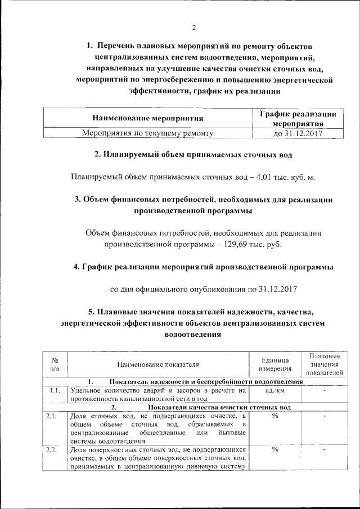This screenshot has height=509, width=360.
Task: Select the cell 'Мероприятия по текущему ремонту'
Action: [x=147, y=133]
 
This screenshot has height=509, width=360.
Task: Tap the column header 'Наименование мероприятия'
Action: [x=147, y=118]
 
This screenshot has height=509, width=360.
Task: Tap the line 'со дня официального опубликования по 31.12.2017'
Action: [x=203, y=289]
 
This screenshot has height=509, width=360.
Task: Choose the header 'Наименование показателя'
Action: [x=158, y=365]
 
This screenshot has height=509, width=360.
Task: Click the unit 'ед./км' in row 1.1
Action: [x=274, y=390]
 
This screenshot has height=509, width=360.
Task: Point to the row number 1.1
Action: [x=55, y=390]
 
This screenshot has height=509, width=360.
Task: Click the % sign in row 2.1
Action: [x=275, y=416]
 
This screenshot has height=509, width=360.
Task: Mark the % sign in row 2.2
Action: [x=275, y=449]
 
